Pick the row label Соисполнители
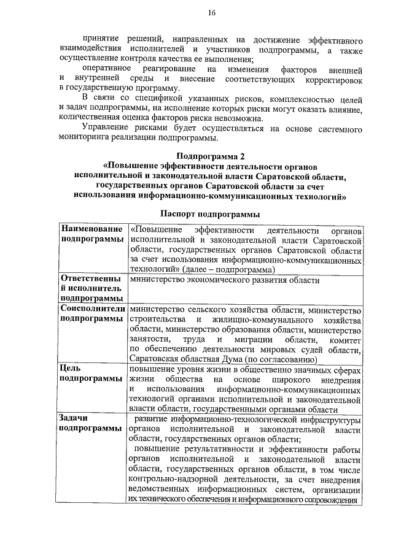[93, 309]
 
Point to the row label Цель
[69, 369]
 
